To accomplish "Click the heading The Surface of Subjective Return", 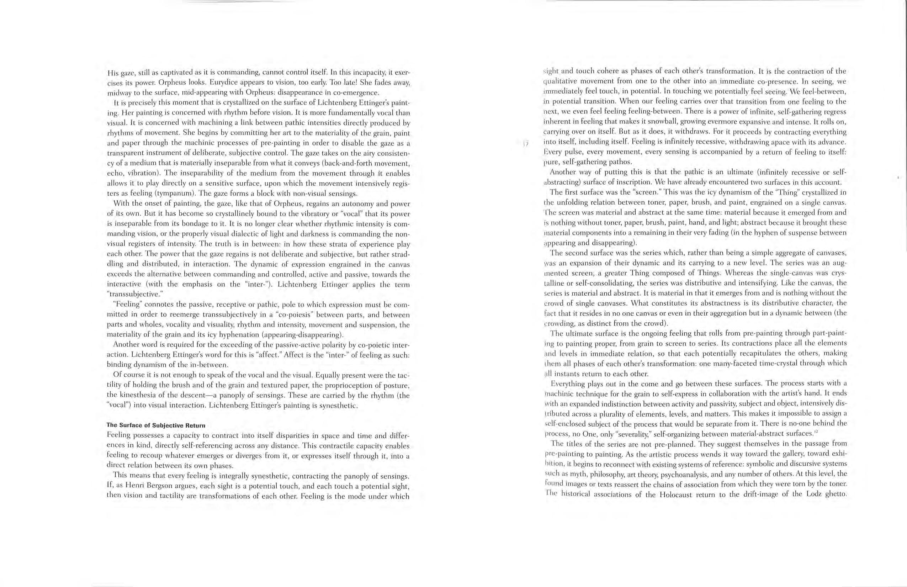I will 156,425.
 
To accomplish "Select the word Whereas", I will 742,273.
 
